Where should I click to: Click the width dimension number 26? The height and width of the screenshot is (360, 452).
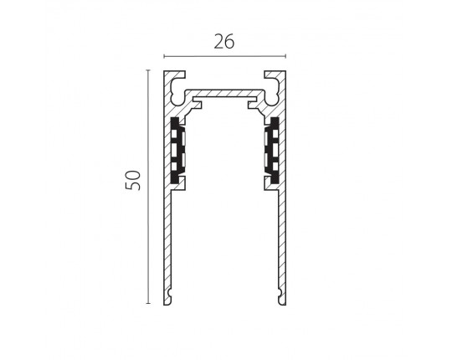[224, 42]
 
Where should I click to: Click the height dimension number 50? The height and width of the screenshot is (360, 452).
[132, 181]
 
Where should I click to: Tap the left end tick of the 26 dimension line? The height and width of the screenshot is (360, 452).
[164, 56]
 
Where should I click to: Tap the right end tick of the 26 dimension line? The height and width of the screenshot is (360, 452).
[285, 56]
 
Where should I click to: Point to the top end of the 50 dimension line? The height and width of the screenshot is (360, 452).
[148, 70]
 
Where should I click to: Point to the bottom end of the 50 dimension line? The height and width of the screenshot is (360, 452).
[148, 304]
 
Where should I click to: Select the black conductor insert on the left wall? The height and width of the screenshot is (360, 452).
[177, 150]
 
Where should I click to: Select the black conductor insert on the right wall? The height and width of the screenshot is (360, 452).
[272, 150]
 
